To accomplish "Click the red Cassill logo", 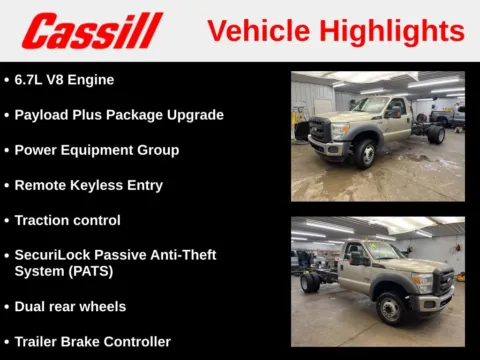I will (92, 30).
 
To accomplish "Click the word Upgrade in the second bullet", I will (196, 114).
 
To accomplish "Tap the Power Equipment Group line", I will (96, 150).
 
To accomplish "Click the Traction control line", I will (67, 220).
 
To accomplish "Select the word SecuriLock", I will (51, 255).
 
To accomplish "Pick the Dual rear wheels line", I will (70, 306).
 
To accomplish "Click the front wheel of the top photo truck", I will (362, 154).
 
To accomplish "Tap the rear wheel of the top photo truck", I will (435, 134).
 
